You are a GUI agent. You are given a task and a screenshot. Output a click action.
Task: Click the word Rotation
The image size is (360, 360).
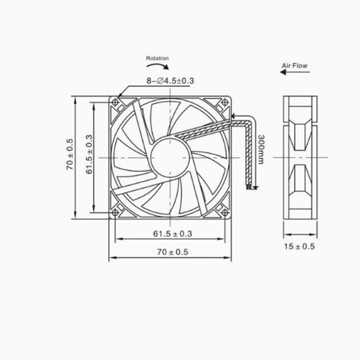pyautogui.click(x=157, y=58)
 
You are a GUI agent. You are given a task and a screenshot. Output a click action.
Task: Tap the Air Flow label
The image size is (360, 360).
pyautogui.click(x=294, y=66)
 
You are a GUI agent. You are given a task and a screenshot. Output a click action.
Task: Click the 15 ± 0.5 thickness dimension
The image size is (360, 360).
pyautogui.click(x=299, y=246)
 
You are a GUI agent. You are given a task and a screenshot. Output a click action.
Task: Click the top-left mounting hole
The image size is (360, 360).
pyautogui.click(x=116, y=103)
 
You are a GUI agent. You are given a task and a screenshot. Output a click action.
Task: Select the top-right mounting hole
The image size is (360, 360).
pyautogui.click(x=224, y=103)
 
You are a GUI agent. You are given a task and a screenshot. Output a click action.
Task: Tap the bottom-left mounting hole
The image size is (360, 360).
pyautogui.click(x=116, y=212)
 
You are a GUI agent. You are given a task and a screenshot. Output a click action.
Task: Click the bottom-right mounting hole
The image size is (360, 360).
pyautogui.click(x=224, y=212)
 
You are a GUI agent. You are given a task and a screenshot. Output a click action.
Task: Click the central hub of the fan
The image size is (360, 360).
pyautogui.click(x=170, y=157)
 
